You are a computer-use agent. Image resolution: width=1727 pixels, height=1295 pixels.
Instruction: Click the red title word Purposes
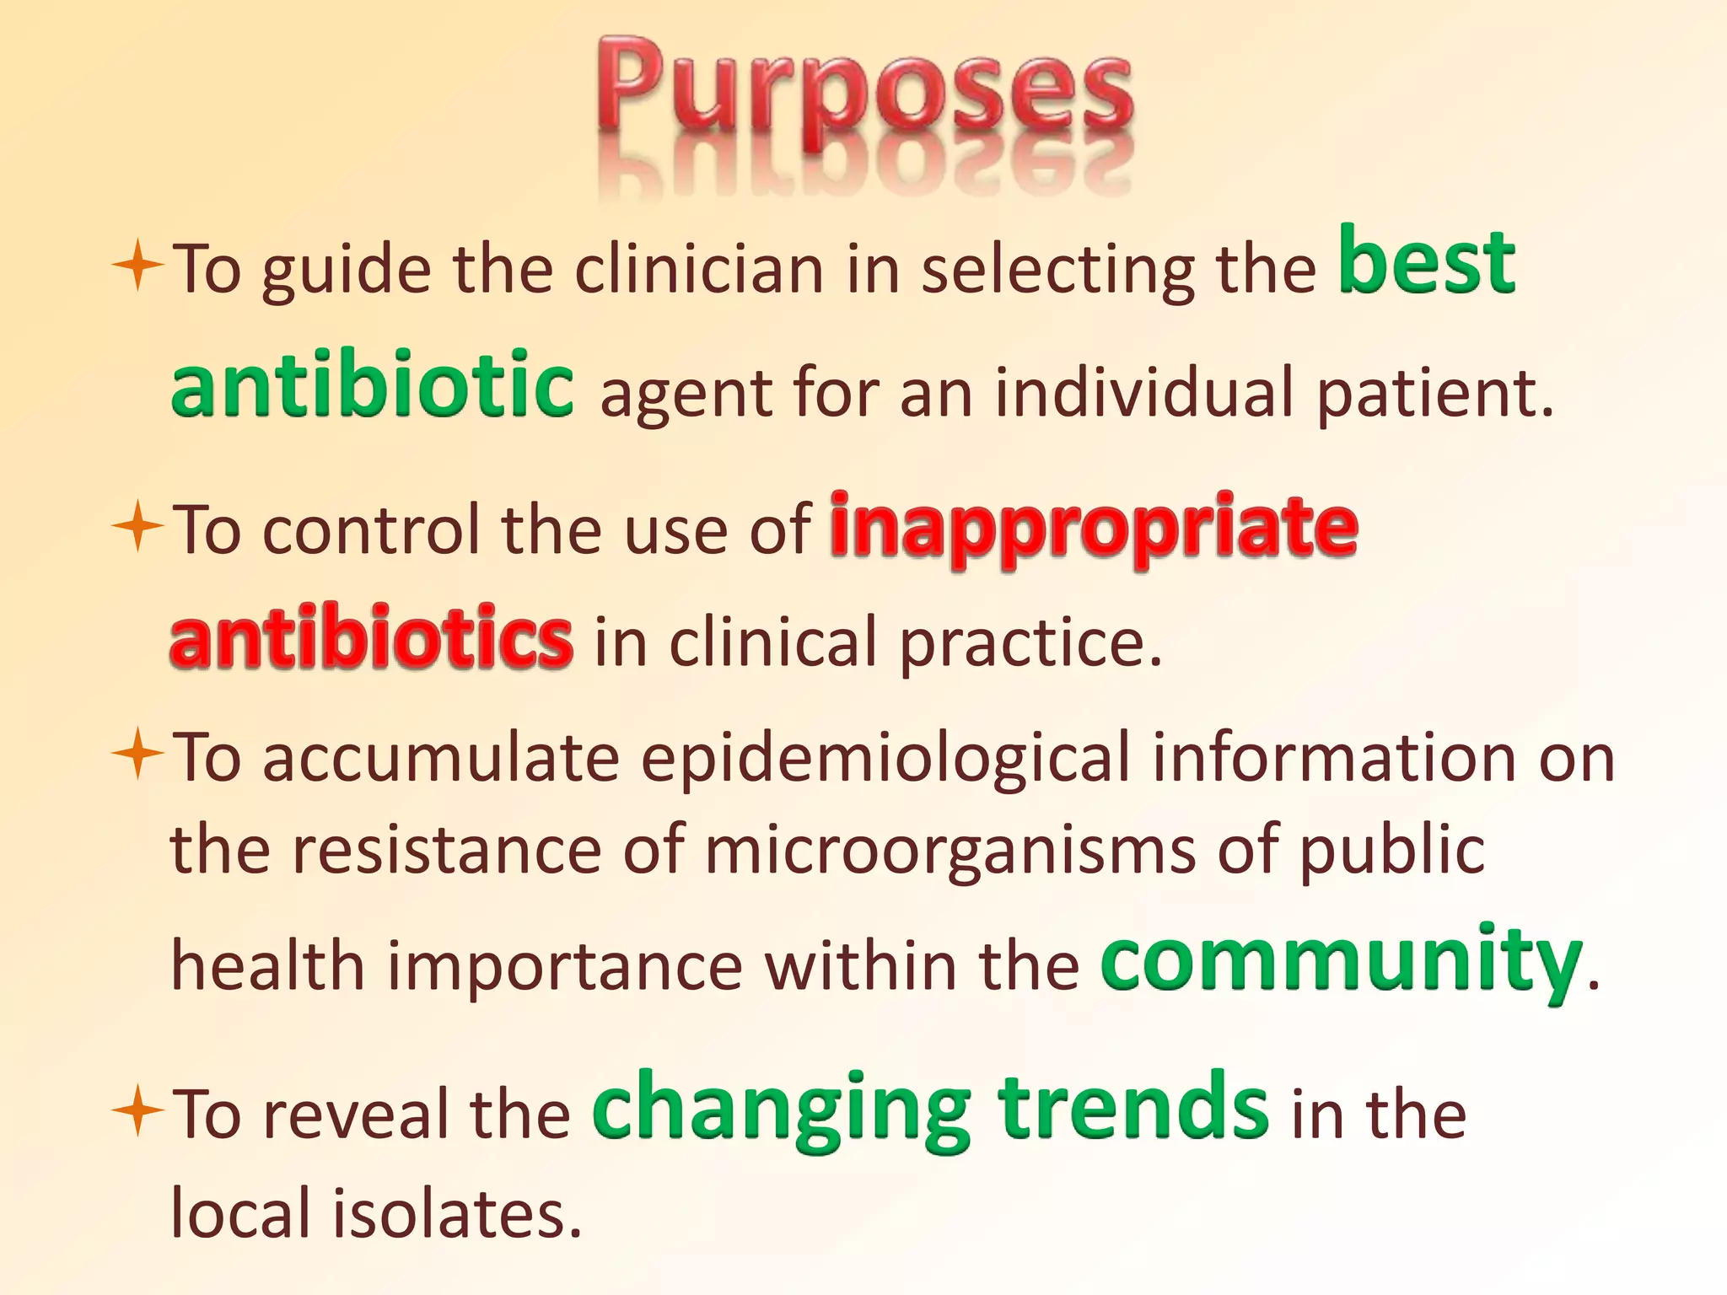[x=864, y=93]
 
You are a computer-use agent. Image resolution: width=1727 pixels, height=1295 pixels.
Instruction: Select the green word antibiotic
[x=372, y=386]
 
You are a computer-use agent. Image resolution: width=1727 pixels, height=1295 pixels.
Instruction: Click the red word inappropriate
[x=1094, y=529]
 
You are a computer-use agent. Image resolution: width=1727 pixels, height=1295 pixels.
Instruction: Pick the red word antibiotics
[x=371, y=637]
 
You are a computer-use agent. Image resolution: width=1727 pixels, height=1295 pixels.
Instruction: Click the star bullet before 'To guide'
[x=137, y=266]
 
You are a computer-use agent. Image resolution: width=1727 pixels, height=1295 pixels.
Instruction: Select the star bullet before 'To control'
[x=137, y=528]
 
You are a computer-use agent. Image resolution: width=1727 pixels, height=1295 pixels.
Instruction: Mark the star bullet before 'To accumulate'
[x=137, y=754]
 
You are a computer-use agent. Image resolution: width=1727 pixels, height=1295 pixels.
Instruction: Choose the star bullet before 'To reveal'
[x=137, y=1111]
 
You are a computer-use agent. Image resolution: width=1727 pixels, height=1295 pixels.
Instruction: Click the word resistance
[x=446, y=850]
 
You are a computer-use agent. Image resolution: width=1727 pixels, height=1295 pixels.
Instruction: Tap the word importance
[x=565, y=966]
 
